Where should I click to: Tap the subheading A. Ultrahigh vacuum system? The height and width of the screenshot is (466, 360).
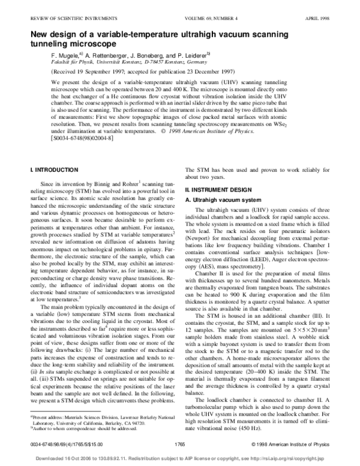(x=223, y=199)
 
